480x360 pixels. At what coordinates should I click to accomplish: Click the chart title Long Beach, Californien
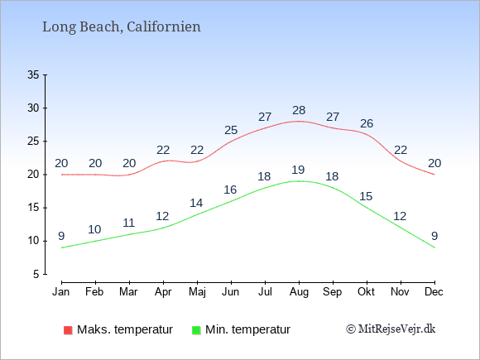tap(122, 27)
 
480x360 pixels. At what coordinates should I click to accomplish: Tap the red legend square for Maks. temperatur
tap(68, 330)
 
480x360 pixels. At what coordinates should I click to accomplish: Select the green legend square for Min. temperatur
tap(196, 330)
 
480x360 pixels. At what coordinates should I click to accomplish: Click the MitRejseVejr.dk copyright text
tap(391, 329)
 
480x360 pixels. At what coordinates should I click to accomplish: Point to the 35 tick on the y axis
tap(33, 74)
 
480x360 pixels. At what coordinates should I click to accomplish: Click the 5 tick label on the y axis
tap(36, 274)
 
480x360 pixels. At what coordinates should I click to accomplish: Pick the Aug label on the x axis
tap(299, 292)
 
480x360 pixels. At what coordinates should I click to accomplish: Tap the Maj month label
tap(197, 292)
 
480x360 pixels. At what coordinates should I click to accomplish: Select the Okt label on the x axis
tap(366, 292)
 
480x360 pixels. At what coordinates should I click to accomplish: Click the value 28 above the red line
tap(299, 110)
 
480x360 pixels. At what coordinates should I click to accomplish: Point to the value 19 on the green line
tap(298, 170)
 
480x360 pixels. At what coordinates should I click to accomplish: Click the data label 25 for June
tap(231, 130)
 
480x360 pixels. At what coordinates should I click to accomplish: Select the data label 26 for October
tap(367, 123)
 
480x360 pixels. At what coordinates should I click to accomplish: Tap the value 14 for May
tap(196, 203)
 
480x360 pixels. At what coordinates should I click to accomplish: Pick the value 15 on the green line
tap(366, 196)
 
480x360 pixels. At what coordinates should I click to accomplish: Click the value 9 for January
tap(61, 236)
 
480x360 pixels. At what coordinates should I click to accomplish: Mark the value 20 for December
tap(434, 163)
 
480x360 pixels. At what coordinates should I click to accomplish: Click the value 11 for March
tap(129, 223)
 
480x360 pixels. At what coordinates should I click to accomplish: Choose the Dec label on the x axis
tap(434, 292)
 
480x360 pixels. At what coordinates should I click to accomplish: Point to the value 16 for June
tap(230, 190)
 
